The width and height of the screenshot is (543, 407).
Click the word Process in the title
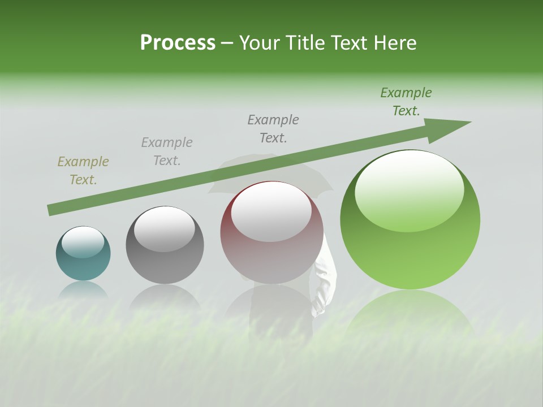178,43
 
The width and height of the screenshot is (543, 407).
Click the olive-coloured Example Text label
83,171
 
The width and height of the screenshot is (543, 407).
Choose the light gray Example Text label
167,151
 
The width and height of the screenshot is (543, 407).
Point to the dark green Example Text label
406,102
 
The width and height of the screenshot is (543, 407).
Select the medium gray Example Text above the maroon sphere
273,128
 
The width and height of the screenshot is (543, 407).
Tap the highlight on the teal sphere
83,242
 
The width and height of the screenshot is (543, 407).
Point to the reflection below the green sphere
410,317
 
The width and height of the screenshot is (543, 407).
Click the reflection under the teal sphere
83,291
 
